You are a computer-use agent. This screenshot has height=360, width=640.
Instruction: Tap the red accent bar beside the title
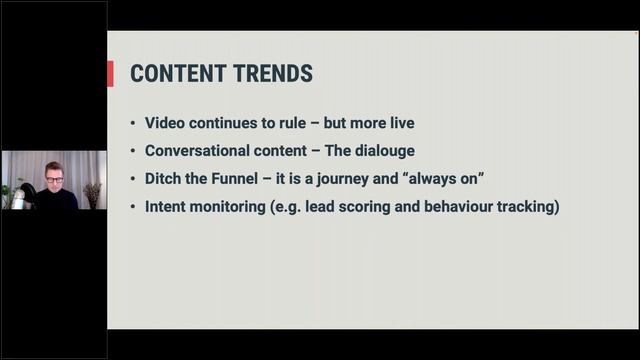[110, 74]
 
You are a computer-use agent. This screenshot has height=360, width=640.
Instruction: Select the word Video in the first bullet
[166, 123]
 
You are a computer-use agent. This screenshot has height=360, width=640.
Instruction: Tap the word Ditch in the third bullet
[165, 179]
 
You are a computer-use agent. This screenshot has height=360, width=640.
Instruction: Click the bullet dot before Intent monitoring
[134, 208]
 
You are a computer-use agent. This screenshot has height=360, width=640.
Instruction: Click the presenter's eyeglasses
[54, 177]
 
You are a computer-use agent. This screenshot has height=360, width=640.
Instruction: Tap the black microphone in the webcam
[28, 194]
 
